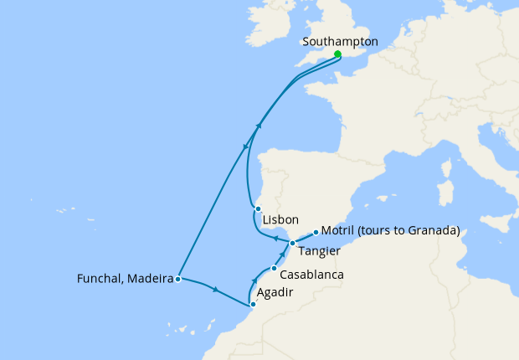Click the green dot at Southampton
coord(337,54)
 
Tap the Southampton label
coord(341,41)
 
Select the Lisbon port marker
coord(259,209)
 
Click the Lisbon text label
coord(280,220)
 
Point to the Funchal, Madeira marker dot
coord(178,279)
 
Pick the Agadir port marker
coord(253,304)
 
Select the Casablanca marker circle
coord(274,269)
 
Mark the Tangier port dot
coord(292,243)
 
